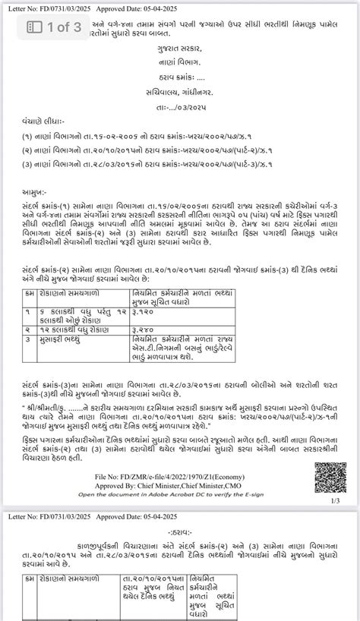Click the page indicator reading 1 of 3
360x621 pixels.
click(x=55, y=29)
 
